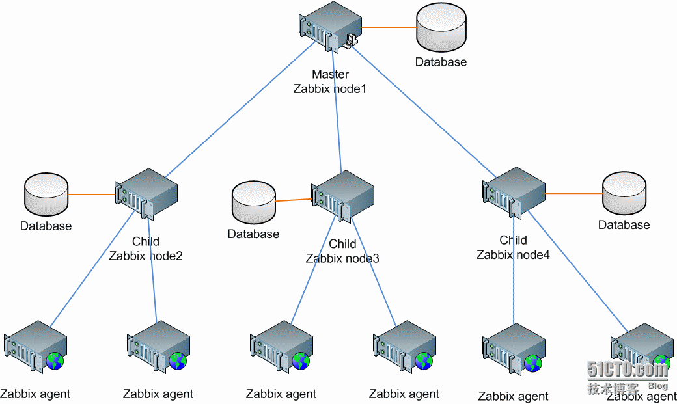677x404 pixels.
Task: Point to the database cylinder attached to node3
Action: (x=253, y=203)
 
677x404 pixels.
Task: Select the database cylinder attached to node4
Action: (x=624, y=194)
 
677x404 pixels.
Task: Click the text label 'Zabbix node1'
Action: (x=330, y=88)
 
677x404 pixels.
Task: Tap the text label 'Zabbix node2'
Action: (x=146, y=256)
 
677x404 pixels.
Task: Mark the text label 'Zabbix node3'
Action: (x=342, y=258)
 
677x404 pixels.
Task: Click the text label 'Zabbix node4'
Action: (x=513, y=254)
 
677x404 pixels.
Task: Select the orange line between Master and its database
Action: (x=389, y=27)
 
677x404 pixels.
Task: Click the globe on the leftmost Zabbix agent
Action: (x=55, y=361)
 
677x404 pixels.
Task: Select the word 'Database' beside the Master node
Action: (x=441, y=62)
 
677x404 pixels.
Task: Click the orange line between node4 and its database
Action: (x=573, y=193)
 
